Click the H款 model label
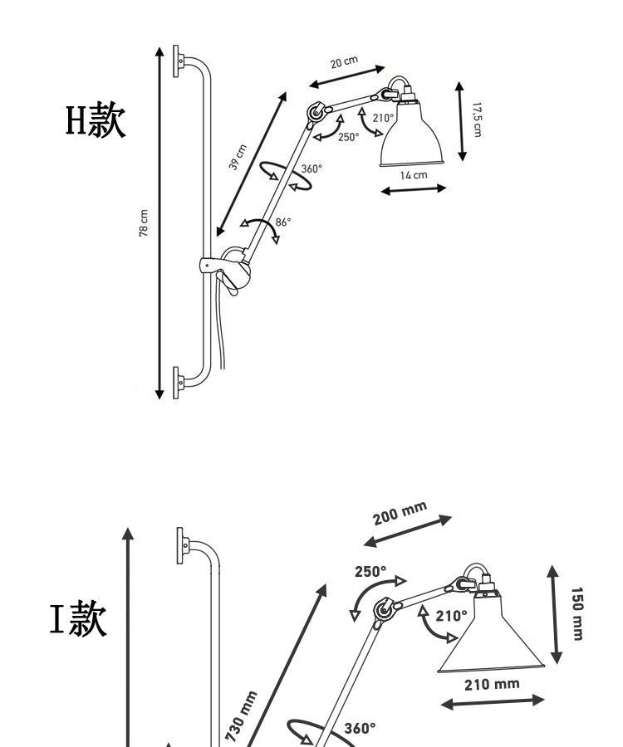pyautogui.click(x=96, y=122)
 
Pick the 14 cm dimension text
pyautogui.click(x=413, y=175)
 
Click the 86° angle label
pyautogui.click(x=282, y=222)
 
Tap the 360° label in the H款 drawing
pyautogui.click(x=311, y=168)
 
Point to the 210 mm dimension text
pyautogui.click(x=493, y=684)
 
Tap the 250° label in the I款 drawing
pyautogui.click(x=370, y=571)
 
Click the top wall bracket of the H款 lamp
pyautogui.click(x=179, y=61)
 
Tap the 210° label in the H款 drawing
pyautogui.click(x=382, y=118)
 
